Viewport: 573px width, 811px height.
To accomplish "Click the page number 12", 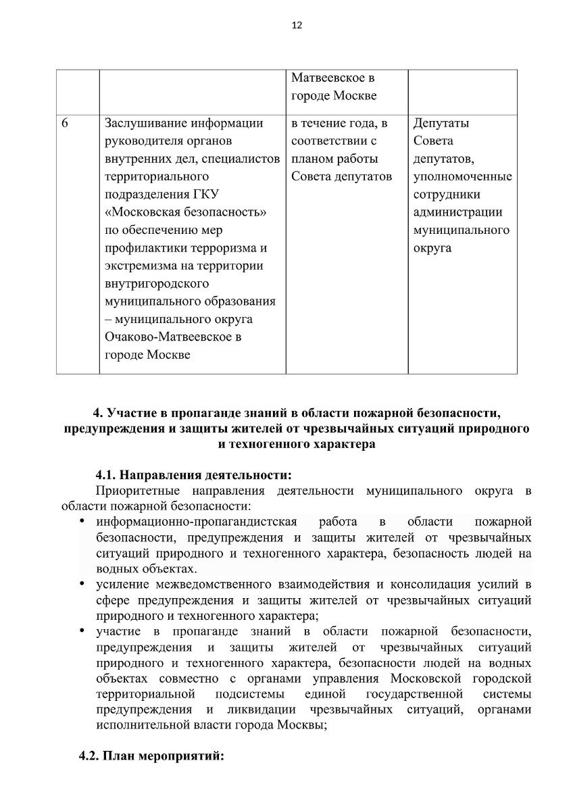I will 297,26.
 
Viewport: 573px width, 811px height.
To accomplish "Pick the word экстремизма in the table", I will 141,266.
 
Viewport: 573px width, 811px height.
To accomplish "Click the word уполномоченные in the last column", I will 462,177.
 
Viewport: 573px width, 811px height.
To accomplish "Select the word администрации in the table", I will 457,212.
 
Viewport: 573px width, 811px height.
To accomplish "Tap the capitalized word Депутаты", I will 441,124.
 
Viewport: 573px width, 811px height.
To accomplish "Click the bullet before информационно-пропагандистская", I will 81,521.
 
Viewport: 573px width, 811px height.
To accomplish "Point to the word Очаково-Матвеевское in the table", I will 173,337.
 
